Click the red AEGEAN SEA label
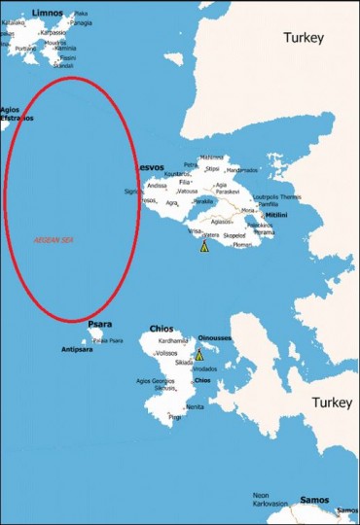(54, 238)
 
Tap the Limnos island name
(47, 13)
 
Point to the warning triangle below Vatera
(204, 247)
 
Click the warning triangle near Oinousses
(199, 355)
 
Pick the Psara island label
(99, 324)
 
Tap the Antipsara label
(77, 348)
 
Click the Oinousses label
(213, 339)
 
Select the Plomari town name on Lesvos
(242, 245)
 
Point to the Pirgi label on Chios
(175, 417)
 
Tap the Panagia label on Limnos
(82, 22)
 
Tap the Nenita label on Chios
(195, 406)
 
